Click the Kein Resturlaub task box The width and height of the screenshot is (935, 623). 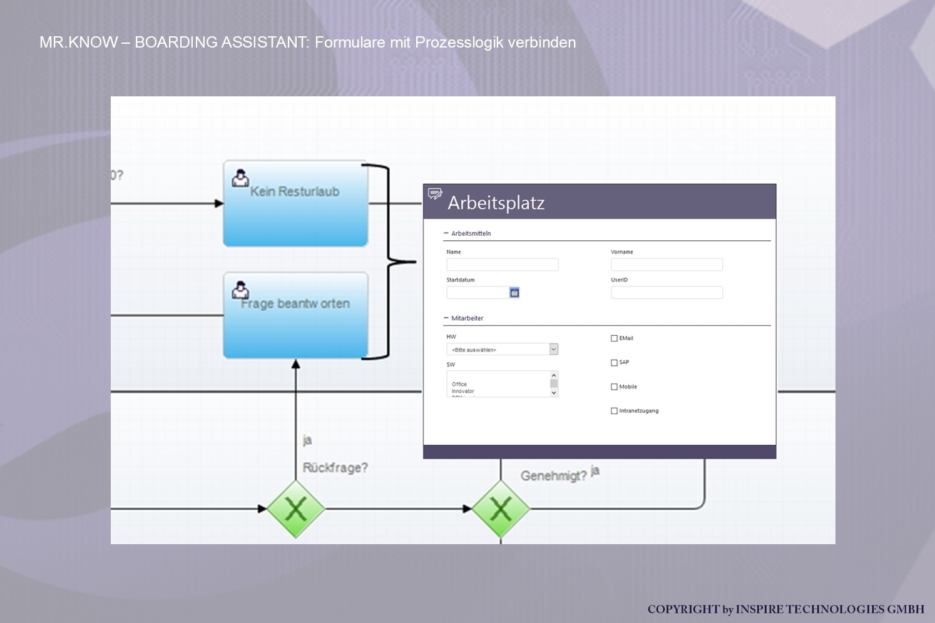coord(295,204)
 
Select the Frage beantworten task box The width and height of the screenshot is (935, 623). coord(295,316)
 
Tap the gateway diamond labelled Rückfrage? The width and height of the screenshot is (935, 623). coord(295,509)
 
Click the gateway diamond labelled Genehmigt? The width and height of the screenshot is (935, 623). coord(500,509)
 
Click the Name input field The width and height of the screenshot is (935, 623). coord(502,265)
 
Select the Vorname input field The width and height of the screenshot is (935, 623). coord(667,265)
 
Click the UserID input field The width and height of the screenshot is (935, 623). coord(667,292)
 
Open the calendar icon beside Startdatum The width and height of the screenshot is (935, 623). coord(514,292)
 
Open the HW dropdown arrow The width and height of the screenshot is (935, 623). coord(554,349)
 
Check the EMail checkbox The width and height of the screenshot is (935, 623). coord(614,338)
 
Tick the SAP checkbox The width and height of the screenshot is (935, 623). coord(614,363)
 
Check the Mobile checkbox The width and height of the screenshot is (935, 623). coord(614,387)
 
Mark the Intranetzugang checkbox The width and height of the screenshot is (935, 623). coord(614,411)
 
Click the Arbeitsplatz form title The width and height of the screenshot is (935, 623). coord(496,203)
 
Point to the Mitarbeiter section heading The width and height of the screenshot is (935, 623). coord(467,318)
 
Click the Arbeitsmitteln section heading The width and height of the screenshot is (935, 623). coord(471,233)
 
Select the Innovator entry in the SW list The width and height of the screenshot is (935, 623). coord(463,391)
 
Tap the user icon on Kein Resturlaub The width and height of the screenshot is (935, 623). coord(240,178)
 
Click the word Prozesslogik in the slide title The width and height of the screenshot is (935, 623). coord(459,43)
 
